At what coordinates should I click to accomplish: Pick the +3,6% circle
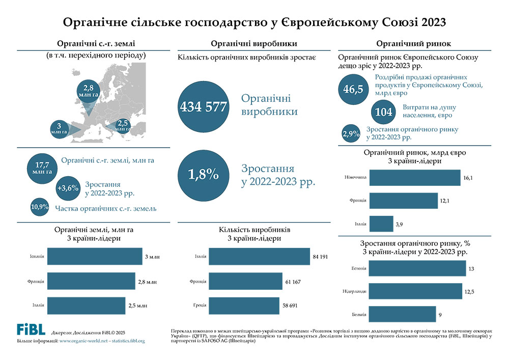tap(68, 188)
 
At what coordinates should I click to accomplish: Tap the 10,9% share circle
tap(40, 207)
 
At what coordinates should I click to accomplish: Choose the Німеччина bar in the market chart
tap(414, 179)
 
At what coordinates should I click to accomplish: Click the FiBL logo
tap(31, 329)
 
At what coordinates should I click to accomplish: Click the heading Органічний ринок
tap(414, 44)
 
